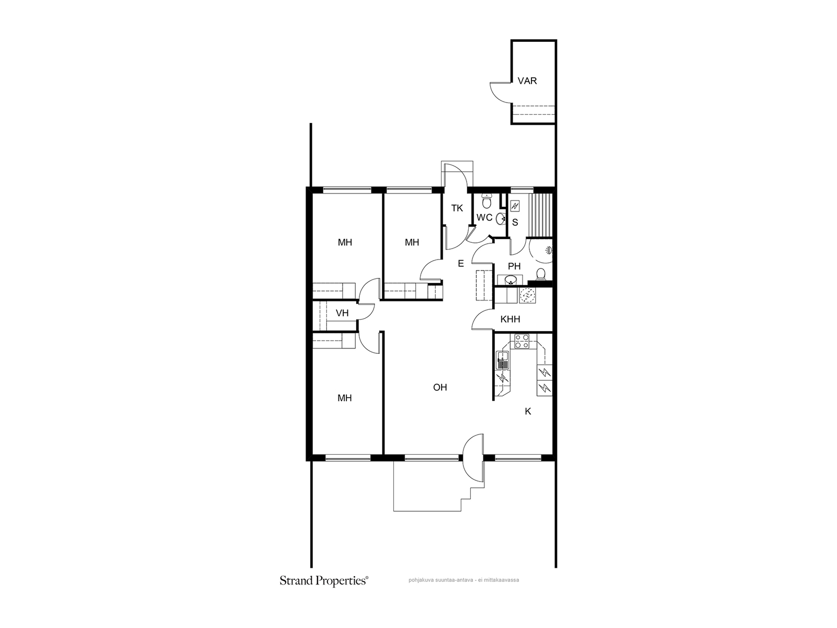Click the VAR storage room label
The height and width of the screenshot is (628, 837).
[527, 81]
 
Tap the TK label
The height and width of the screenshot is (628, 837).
[457, 208]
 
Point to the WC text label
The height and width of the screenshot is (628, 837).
[484, 218]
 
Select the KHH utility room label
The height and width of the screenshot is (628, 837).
[510, 319]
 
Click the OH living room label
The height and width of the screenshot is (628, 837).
[440, 387]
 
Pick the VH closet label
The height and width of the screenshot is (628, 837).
[342, 313]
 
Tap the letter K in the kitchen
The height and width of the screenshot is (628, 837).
[528, 411]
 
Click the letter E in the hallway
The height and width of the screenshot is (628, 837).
[461, 263]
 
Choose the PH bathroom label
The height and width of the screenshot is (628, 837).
[514, 266]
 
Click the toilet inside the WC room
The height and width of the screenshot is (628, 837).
[487, 201]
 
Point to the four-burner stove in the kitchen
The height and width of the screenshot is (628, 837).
[522, 341]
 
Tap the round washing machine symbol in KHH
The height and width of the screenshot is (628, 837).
[527, 296]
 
